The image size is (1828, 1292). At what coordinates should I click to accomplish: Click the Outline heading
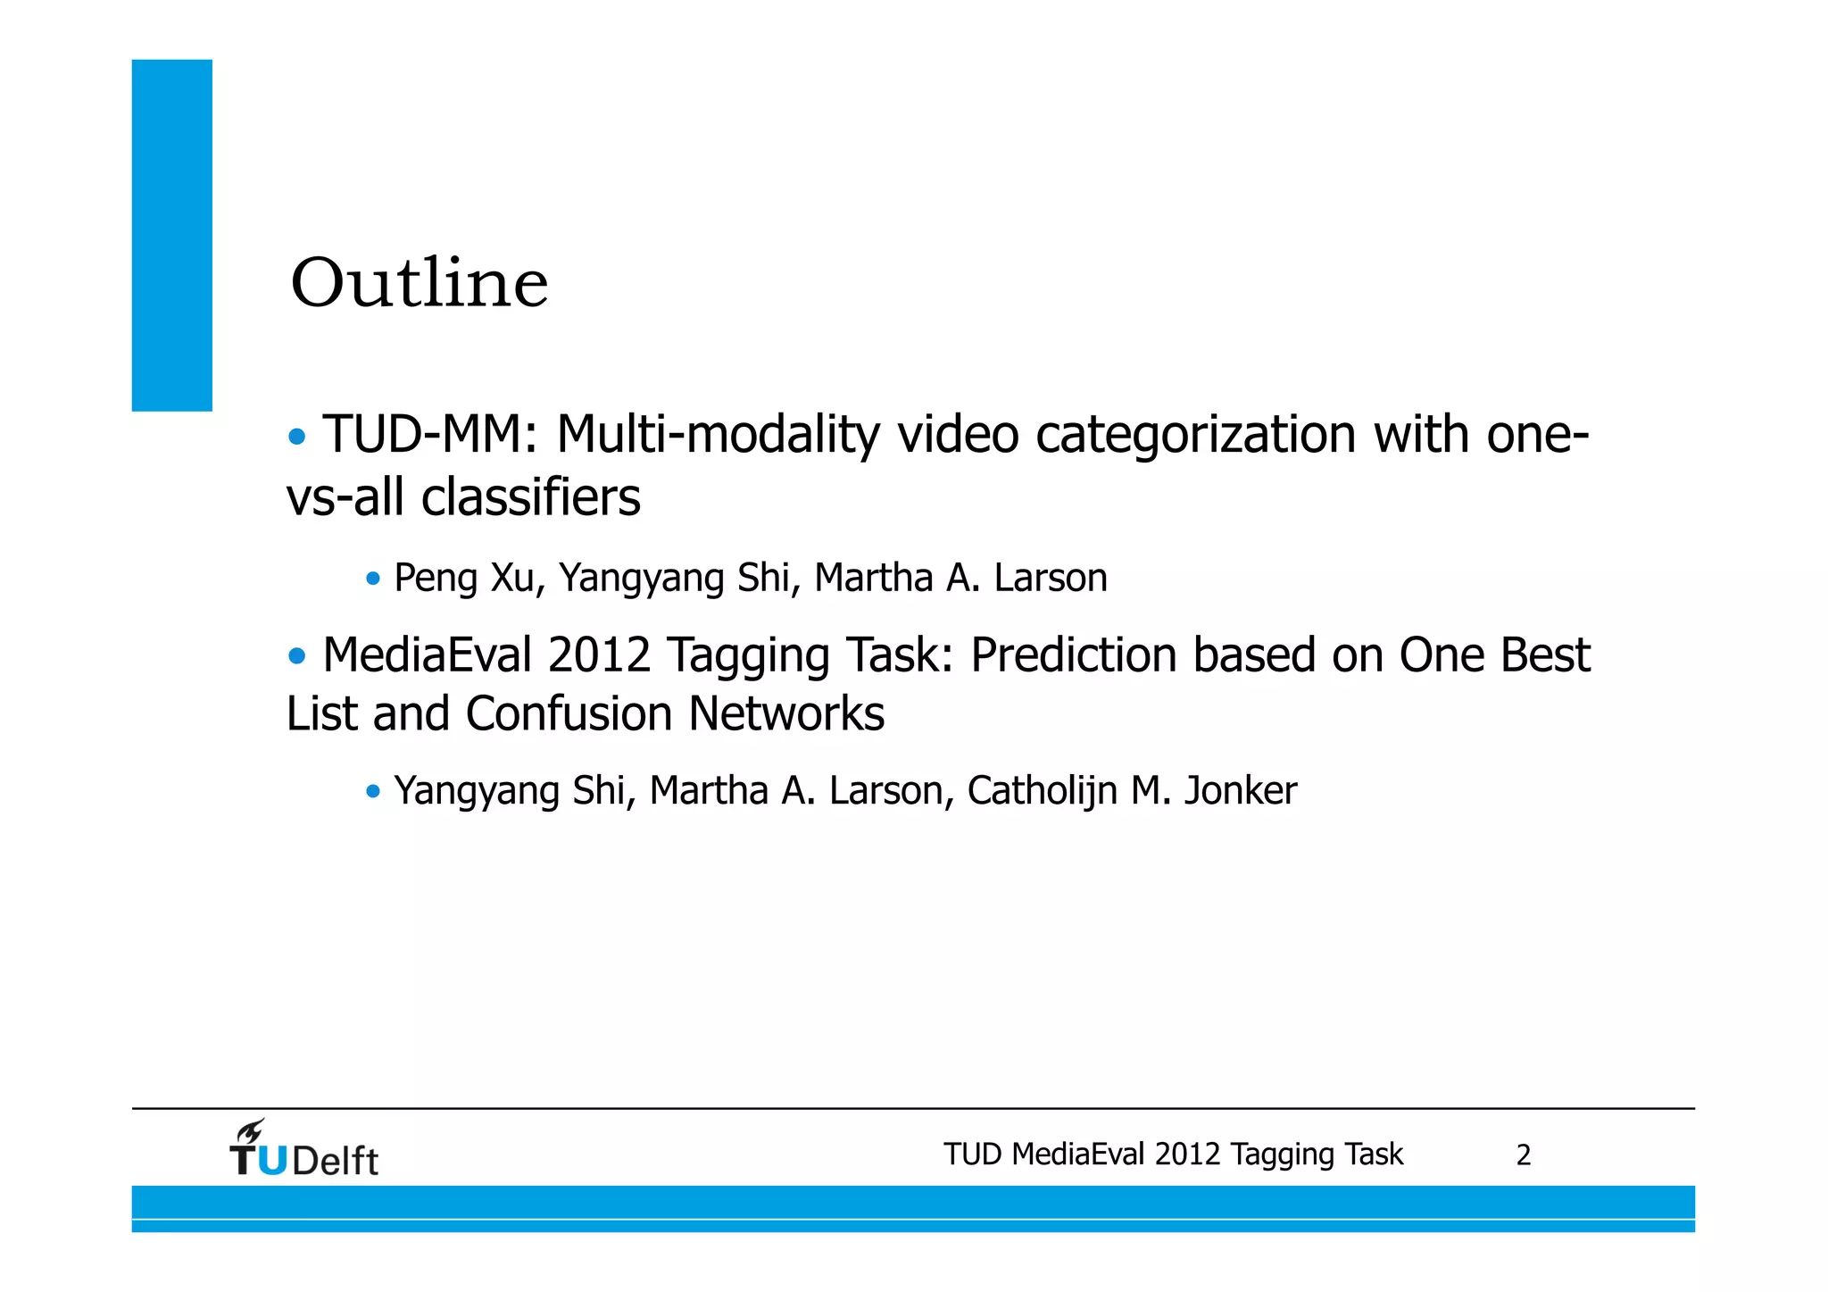tap(419, 283)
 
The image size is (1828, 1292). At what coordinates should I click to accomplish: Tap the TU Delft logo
tap(304, 1150)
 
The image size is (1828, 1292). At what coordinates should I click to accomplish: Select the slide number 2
tap(1524, 1155)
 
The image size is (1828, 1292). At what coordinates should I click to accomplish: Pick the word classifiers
tap(531, 497)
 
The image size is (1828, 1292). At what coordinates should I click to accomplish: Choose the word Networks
tap(786, 714)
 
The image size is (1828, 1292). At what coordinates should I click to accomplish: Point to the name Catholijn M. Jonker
tap(1132, 790)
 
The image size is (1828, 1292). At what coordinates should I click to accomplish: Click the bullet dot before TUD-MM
tap(297, 438)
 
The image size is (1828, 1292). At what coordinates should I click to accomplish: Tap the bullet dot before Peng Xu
tap(373, 579)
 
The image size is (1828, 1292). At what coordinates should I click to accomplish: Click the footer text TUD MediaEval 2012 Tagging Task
tap(1173, 1154)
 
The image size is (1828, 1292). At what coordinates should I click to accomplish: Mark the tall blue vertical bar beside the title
tap(172, 235)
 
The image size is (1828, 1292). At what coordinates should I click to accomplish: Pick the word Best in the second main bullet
tap(1545, 655)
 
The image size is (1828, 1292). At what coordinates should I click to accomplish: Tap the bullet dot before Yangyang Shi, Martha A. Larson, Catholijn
tap(373, 791)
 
